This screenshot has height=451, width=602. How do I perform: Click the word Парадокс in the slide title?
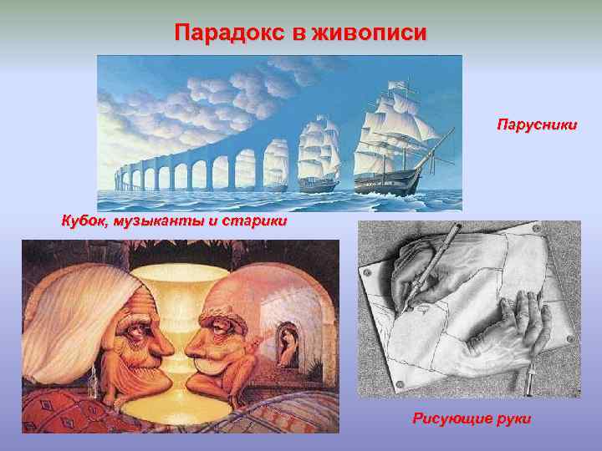(223, 33)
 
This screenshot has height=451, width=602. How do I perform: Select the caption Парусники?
(536, 126)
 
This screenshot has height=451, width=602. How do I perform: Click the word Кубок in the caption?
(83, 221)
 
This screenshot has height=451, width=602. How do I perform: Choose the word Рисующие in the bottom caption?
(451, 418)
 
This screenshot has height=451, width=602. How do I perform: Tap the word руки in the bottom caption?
(513, 418)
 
